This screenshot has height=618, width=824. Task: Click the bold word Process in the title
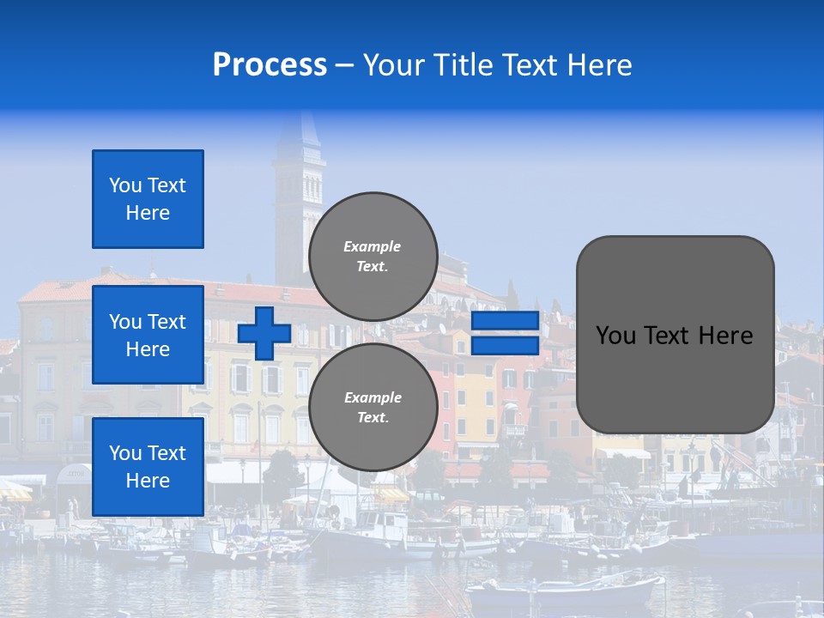coord(270,65)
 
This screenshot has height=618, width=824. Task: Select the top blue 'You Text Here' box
coord(148,199)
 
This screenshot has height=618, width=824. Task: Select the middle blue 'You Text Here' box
coord(148,335)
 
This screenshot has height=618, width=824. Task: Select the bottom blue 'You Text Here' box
coord(148,466)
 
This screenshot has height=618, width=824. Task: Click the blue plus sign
coord(264,333)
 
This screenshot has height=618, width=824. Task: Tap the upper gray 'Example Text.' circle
coord(373,257)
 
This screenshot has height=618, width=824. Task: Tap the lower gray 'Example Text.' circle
coord(373,408)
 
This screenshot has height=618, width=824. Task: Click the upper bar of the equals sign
coord(505,321)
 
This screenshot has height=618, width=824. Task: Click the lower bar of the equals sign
coord(505,346)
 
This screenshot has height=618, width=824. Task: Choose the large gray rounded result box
coord(675,335)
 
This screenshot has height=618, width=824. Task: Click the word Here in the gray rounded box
coord(727,336)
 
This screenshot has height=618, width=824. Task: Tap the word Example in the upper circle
coord(372,246)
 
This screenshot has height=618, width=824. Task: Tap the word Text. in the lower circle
coord(373,418)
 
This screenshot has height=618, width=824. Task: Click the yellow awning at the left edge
coord(14,491)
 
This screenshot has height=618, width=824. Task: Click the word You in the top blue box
coord(124,185)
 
